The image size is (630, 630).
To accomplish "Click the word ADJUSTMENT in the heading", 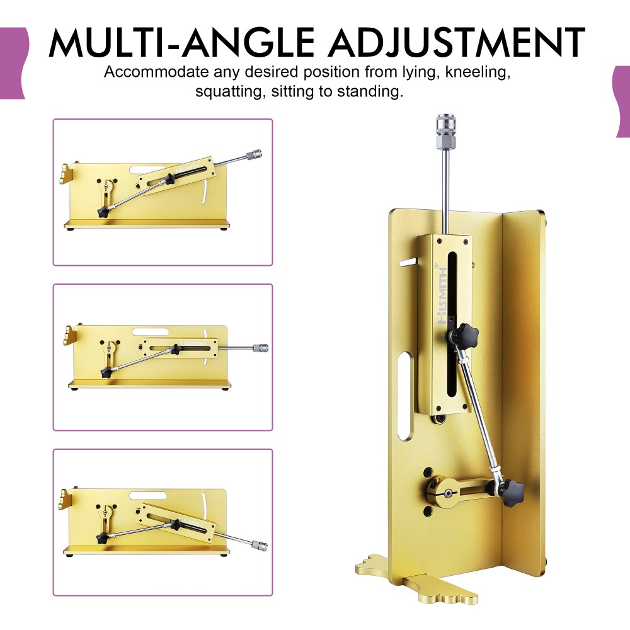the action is (x=456, y=42).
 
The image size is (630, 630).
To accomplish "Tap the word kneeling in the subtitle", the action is (x=478, y=72).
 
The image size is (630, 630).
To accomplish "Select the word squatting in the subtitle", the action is (x=230, y=92).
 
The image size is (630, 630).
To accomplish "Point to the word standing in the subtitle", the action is (x=370, y=91).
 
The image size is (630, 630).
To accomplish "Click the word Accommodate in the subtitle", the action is (x=156, y=72).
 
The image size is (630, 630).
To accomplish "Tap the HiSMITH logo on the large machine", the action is (x=442, y=295).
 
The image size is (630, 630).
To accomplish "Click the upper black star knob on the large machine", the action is (x=464, y=335).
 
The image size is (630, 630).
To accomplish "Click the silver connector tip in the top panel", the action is (x=255, y=154).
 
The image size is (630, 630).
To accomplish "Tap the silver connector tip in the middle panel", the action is (x=261, y=348).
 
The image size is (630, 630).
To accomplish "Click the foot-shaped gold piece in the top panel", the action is (x=67, y=174).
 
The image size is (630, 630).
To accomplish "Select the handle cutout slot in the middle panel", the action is (x=151, y=332).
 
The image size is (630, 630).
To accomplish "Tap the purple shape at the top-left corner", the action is (x=14, y=63).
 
